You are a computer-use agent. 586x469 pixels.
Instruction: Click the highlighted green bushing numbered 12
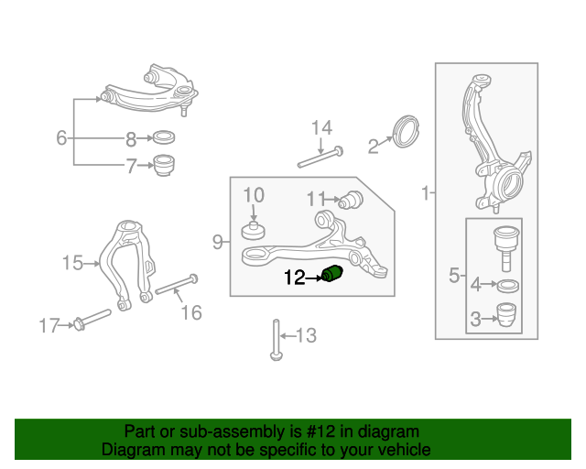pos(332,273)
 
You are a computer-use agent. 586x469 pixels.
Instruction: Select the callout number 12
pos(295,278)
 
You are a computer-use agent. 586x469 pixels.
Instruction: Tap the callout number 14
pos(321,128)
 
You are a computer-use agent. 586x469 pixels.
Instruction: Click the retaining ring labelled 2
pos(407,132)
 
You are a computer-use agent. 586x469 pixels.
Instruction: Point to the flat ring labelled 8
pos(164,137)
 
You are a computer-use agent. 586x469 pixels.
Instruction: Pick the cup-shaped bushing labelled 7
pos(165,165)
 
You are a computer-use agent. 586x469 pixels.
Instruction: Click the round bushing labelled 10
pos(253,231)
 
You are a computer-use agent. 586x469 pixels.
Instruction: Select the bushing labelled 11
pos(351,200)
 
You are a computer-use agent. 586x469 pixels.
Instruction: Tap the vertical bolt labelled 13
pos(277,340)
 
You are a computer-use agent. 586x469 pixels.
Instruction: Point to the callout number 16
pos(191,312)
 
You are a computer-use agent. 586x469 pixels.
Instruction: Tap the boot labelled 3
pos(506,314)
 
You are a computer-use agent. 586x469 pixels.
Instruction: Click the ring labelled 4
pos(508,286)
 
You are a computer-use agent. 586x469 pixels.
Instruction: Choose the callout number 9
pos(218,242)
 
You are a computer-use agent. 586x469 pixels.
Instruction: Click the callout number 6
pos(61,137)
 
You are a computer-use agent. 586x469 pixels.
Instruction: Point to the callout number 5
pos(454,276)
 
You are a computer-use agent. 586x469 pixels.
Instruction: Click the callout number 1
pos(425,193)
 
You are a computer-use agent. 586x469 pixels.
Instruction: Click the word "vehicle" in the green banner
pos(404,450)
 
